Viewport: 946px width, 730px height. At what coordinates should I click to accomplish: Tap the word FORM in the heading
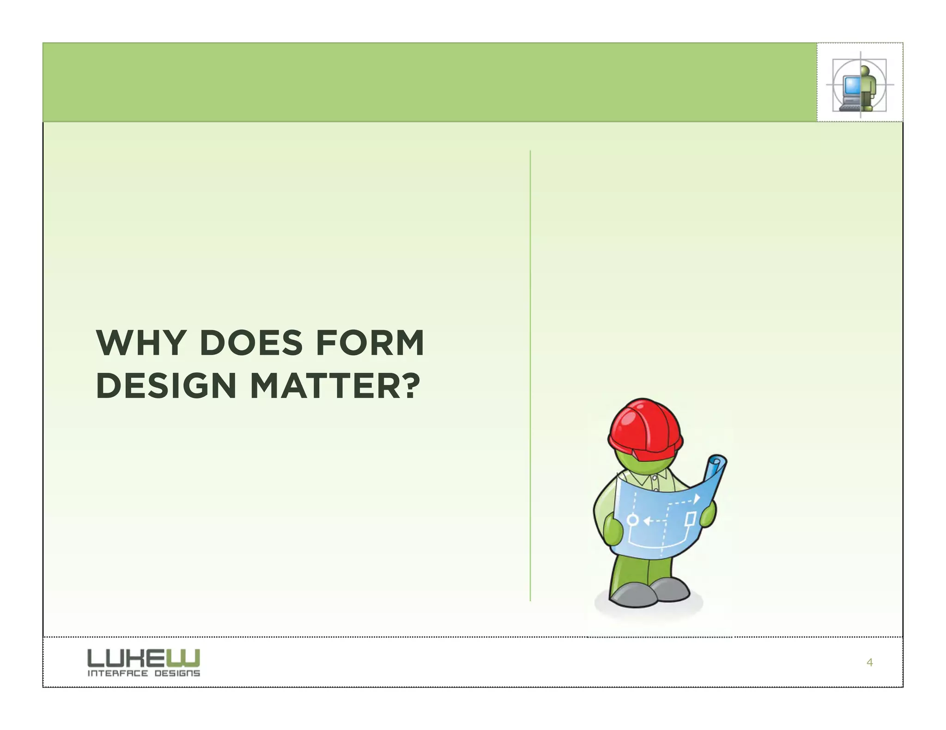point(370,343)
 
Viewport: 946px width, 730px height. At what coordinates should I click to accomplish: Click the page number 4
point(870,663)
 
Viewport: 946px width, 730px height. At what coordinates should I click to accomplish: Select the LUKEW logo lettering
point(144,658)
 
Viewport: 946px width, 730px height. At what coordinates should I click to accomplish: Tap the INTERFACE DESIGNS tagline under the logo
point(144,673)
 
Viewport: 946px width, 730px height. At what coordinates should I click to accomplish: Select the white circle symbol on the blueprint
point(633,521)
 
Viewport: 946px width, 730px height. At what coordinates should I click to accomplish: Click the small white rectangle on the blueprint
point(691,519)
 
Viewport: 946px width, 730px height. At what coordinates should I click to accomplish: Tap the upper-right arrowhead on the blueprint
point(697,498)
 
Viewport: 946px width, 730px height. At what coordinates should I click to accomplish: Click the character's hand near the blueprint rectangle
point(708,514)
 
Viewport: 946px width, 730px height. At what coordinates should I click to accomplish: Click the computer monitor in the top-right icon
point(851,86)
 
